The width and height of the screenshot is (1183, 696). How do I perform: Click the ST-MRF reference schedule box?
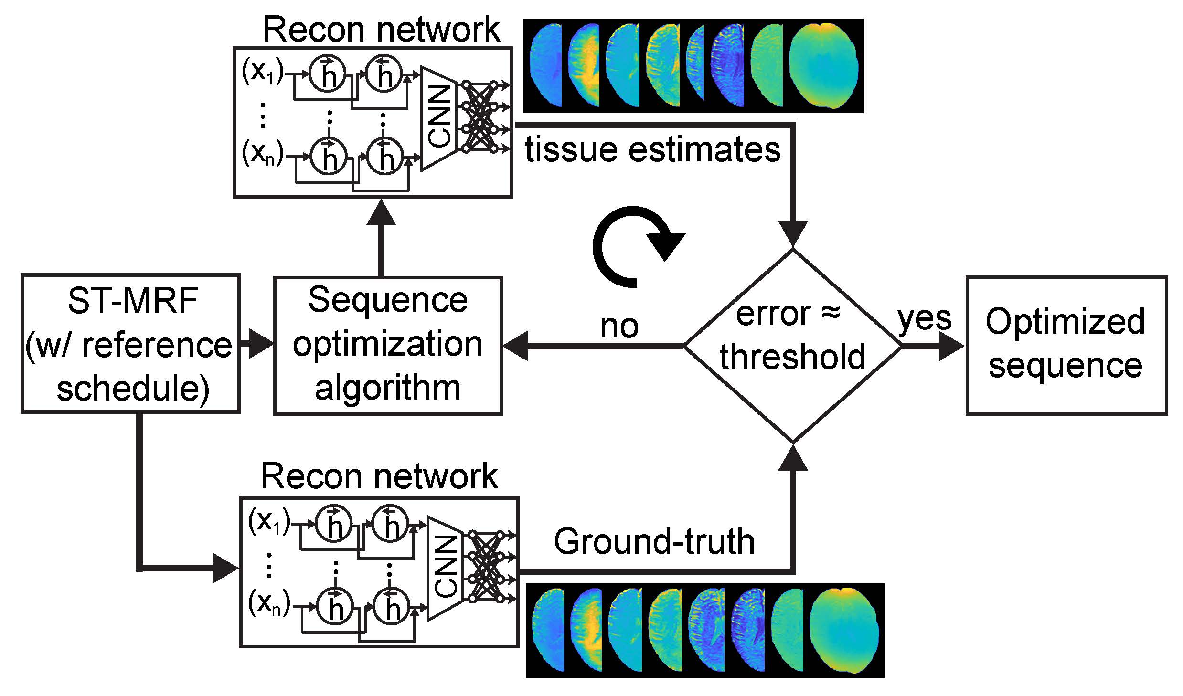pyautogui.click(x=130, y=343)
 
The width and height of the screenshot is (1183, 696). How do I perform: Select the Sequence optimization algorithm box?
pyautogui.click(x=387, y=346)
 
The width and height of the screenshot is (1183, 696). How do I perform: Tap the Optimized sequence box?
pyautogui.click(x=1066, y=345)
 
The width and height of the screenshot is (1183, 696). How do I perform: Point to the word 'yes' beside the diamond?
pyautogui.click(x=925, y=319)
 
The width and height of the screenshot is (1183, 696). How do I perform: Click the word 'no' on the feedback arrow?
pyautogui.click(x=619, y=327)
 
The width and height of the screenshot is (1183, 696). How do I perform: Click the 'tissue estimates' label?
pyautogui.click(x=652, y=149)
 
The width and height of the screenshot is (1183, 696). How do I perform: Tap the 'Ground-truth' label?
pyautogui.click(x=654, y=542)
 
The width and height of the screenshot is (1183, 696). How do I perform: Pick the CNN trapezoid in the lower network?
pyautogui.click(x=446, y=568)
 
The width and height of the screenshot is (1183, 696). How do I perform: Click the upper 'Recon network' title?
pyautogui.click(x=381, y=30)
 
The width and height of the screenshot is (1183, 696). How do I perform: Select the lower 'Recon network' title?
pyautogui.click(x=379, y=476)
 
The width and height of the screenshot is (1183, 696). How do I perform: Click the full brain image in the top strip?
pyautogui.click(x=823, y=65)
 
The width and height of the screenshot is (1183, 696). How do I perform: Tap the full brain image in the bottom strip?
pyautogui.click(x=844, y=630)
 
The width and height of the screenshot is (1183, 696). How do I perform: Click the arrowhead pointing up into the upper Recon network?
pyautogui.click(x=381, y=212)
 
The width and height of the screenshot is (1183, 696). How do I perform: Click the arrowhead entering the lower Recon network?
pyautogui.click(x=224, y=568)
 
